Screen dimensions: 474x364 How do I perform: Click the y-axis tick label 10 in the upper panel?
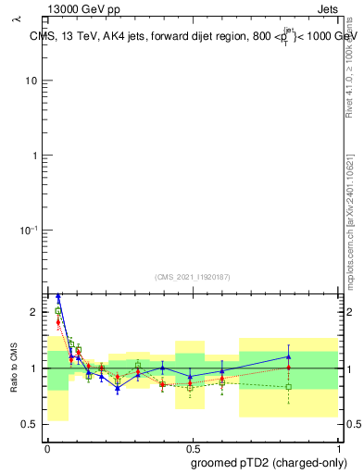[31, 81]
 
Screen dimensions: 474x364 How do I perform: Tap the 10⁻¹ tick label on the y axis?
[29, 230]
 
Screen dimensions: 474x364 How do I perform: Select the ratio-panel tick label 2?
[33, 313]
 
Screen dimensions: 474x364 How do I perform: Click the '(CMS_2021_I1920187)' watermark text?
[193, 276]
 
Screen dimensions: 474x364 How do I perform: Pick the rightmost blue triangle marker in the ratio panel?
[289, 356]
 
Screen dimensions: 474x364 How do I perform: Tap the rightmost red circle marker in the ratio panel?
[289, 368]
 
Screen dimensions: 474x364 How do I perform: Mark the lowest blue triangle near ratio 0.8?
[118, 389]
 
